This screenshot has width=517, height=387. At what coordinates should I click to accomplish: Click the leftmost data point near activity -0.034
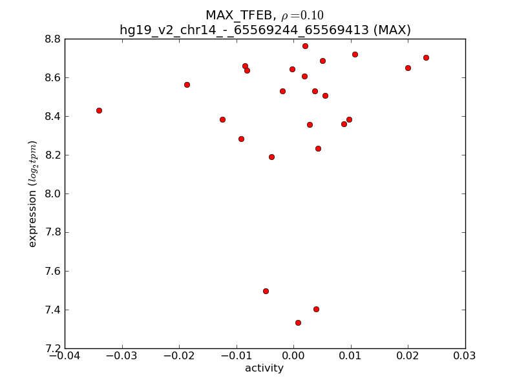(99, 110)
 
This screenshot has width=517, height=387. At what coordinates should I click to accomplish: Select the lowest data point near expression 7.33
(298, 322)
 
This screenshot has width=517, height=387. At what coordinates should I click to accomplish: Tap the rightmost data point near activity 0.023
(426, 57)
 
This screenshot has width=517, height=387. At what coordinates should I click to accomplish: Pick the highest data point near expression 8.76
(305, 46)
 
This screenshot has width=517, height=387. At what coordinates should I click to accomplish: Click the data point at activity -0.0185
(187, 84)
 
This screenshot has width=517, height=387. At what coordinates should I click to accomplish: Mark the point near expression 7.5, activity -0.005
(266, 291)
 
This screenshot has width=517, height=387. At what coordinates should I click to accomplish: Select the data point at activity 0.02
(408, 68)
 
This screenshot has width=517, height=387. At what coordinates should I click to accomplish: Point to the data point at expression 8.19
(271, 157)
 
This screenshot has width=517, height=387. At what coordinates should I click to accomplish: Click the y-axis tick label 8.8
(52, 39)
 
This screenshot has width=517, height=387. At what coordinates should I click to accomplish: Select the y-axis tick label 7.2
(52, 348)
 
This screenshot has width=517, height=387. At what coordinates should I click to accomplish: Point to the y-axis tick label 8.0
(52, 193)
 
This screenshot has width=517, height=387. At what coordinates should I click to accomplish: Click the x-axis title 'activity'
(264, 368)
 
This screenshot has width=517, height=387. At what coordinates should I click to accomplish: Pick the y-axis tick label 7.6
(52, 271)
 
